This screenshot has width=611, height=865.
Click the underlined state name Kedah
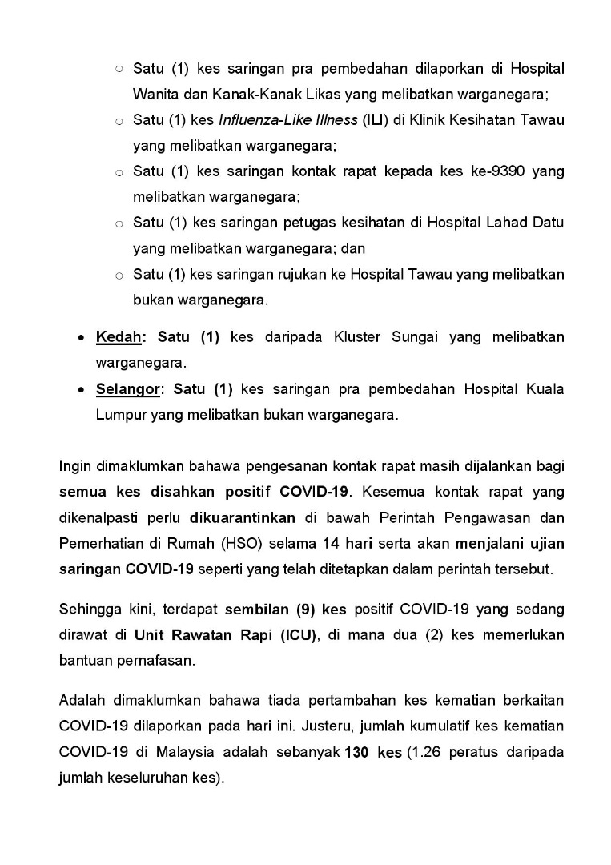(x=117, y=337)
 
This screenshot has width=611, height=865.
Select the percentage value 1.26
(x=425, y=753)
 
